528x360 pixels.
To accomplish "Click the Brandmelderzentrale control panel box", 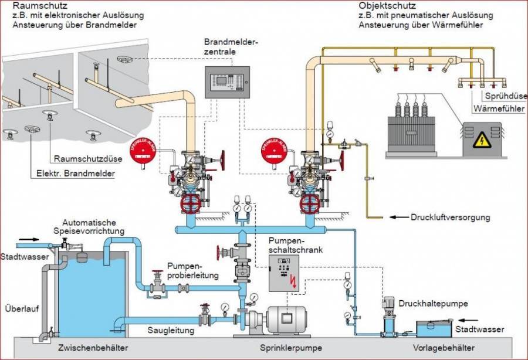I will [x=228, y=82].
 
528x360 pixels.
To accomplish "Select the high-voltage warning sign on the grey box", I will [x=481, y=140].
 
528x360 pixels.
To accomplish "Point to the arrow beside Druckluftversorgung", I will [x=400, y=218].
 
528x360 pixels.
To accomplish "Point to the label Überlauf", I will [x=19, y=308].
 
